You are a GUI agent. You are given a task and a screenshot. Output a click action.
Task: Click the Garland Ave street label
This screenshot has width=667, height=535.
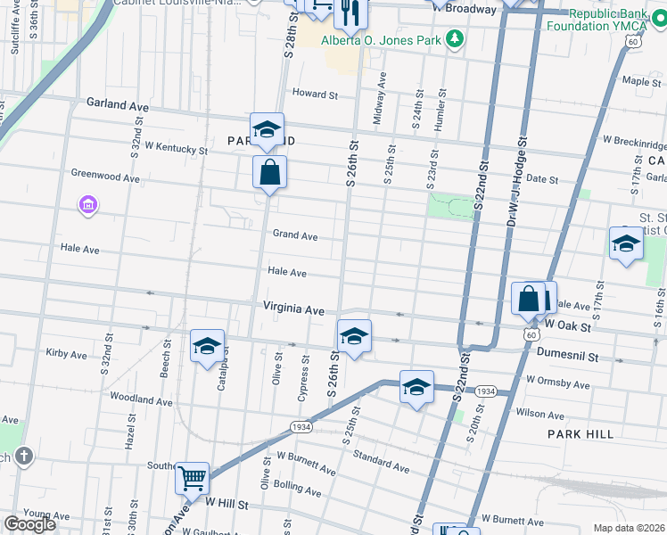(117, 104)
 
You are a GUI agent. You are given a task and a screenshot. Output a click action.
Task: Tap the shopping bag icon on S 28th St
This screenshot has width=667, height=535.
(269, 173)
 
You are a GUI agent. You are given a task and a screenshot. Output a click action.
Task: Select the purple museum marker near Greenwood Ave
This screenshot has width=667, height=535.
(87, 207)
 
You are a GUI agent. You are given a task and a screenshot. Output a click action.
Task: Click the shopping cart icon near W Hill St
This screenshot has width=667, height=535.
(193, 479)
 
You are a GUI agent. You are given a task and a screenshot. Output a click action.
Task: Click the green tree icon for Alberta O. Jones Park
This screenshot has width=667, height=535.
(456, 38)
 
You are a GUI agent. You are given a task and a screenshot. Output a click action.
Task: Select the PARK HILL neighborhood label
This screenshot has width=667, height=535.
(581, 433)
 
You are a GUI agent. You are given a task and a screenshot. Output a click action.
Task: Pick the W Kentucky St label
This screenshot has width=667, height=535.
(176, 147)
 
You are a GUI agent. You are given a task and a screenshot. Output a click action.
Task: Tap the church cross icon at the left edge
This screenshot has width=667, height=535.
(23, 457)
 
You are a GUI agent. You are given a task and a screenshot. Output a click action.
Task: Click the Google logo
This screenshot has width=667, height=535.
(29, 524)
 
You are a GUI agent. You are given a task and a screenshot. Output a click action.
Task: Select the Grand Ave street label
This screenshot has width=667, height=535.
(295, 236)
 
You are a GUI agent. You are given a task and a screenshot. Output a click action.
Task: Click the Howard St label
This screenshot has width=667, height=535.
(316, 94)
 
